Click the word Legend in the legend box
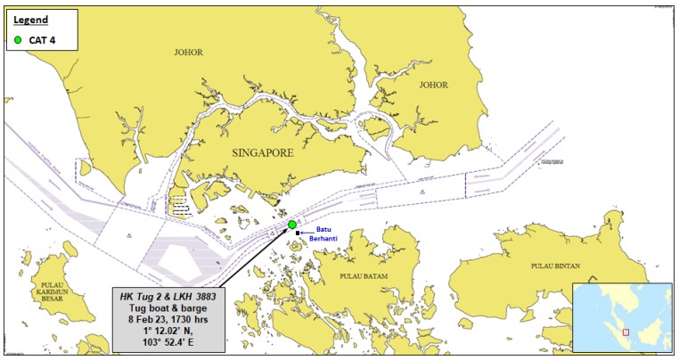click(30, 18)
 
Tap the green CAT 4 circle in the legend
click(17, 40)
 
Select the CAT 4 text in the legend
click(42, 40)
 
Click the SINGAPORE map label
click(262, 153)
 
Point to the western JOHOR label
click(188, 53)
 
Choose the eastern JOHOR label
click(433, 86)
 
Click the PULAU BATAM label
click(361, 276)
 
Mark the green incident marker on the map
click(292, 225)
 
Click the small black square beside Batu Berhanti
click(298, 233)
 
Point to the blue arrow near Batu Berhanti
click(308, 233)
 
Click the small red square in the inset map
click(626, 332)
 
